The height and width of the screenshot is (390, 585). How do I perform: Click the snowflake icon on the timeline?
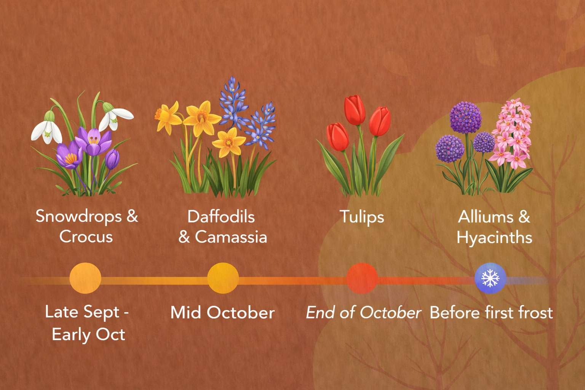click(490, 278)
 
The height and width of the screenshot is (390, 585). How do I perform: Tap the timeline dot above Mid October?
click(223, 278)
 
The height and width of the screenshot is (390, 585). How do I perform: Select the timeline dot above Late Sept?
click(85, 278)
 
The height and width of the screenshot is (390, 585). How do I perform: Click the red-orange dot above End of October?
click(362, 278)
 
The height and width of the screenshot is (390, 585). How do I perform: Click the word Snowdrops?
click(78, 216)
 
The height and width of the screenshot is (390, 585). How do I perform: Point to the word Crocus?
click(86, 237)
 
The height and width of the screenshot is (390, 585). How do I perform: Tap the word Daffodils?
click(221, 217)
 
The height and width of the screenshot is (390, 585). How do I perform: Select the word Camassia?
click(231, 237)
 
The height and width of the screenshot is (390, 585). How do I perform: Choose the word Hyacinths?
click(494, 238)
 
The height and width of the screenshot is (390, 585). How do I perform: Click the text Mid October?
click(222, 313)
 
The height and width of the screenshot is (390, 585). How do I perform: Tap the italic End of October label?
click(363, 313)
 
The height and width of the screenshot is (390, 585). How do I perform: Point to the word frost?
click(535, 313)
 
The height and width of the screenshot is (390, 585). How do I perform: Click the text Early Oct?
click(88, 334)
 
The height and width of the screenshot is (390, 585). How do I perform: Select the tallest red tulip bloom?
click(355, 110)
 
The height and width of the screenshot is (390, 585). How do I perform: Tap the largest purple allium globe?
click(465, 117)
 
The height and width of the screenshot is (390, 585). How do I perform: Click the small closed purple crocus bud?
click(112, 159)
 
